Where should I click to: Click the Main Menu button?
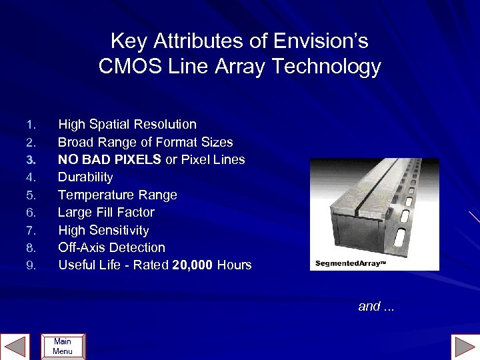point(63,347)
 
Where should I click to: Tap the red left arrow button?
point(15,347)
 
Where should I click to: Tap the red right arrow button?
point(465,347)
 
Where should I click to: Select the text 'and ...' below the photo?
point(376,307)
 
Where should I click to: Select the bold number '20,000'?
point(192,265)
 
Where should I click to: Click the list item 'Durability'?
point(85,177)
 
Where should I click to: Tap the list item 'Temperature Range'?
point(117,195)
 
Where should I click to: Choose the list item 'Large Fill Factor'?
point(106,212)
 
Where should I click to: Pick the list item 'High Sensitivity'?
point(103,230)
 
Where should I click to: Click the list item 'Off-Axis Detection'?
point(111,247)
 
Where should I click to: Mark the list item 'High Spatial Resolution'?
point(127,125)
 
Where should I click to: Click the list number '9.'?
point(30,265)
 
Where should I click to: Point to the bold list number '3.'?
point(30,160)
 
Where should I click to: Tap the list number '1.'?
point(30,125)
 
